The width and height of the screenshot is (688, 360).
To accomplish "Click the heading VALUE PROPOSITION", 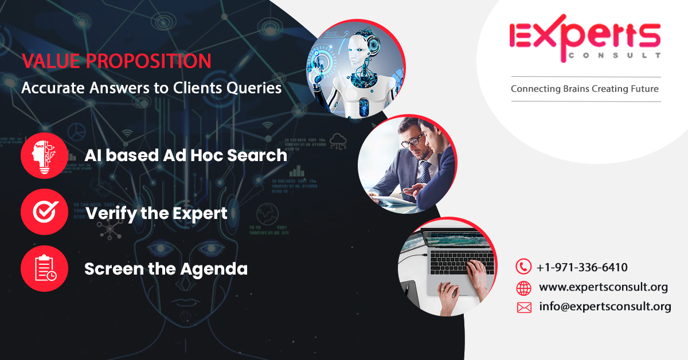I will click(x=116, y=61).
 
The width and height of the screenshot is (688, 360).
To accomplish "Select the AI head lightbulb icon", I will click(x=44, y=155).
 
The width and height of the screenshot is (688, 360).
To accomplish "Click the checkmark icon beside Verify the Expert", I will click(x=44, y=212).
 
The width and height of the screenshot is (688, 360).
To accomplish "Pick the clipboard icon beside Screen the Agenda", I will click(x=44, y=268).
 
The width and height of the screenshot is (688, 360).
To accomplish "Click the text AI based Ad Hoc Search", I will click(x=186, y=155).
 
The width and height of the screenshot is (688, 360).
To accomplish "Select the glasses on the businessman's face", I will click(x=416, y=139).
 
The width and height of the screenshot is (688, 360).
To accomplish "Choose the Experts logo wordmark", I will click(x=585, y=36).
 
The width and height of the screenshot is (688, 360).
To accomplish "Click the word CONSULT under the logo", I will click(x=613, y=56).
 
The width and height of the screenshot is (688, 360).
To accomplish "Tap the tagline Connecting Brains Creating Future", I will click(x=584, y=89).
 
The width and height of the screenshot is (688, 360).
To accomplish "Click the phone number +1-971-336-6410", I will click(x=582, y=267).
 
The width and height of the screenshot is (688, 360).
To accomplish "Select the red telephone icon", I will click(x=523, y=267).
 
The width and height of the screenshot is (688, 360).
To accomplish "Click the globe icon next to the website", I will click(x=523, y=287).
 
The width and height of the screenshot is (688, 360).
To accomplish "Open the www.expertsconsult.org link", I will click(x=603, y=287).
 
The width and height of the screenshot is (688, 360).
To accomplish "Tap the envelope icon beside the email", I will click(x=524, y=307).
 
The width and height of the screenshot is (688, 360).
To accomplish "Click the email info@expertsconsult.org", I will click(x=605, y=307).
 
